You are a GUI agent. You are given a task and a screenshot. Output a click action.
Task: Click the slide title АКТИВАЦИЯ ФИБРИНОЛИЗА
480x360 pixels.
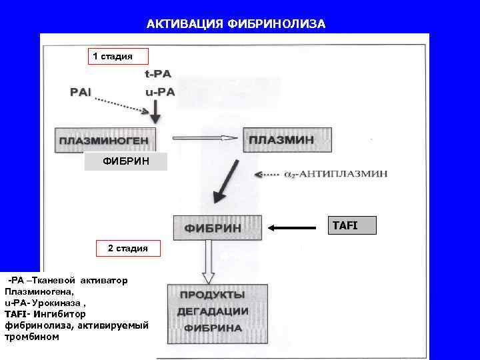click(237, 24)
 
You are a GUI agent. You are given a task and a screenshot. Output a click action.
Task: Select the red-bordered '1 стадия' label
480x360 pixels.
click(112, 56)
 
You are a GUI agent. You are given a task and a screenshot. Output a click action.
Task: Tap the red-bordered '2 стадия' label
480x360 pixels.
click(128, 249)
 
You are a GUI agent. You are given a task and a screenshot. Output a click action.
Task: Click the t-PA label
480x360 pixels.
click(158, 75)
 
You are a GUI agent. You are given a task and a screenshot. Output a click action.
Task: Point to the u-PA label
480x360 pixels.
click(159, 92)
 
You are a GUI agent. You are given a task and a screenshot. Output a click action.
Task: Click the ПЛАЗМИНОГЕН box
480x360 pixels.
click(106, 141)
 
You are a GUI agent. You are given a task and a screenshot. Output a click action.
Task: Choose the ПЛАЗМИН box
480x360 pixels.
click(287, 140)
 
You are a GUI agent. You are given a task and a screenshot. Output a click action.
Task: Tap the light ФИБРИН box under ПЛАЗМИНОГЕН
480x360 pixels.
click(125, 161)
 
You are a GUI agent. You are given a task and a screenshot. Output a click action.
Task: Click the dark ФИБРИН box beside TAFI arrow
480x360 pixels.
click(218, 227)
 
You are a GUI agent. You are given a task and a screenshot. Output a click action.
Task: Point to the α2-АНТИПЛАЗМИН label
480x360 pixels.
click(335, 174)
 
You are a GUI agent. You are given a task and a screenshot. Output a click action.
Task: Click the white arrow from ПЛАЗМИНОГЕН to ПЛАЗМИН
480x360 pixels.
click(205, 138)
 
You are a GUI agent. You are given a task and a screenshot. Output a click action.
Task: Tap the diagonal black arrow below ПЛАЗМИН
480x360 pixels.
click(225, 181)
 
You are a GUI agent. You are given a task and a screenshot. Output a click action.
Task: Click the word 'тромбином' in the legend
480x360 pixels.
click(31, 337)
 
